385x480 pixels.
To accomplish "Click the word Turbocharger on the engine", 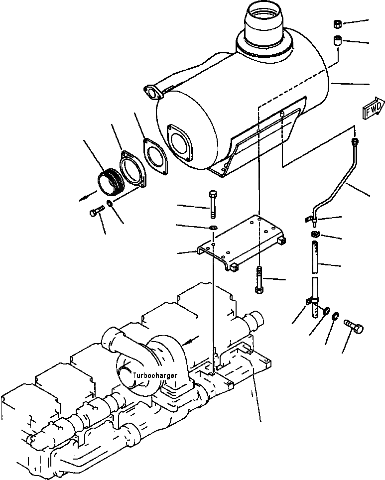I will pos(154,374).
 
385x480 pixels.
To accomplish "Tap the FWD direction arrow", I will pos(373,111).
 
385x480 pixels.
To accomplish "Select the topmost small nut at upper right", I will pos(337,24).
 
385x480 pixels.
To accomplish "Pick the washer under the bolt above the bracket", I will pos(214,229).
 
